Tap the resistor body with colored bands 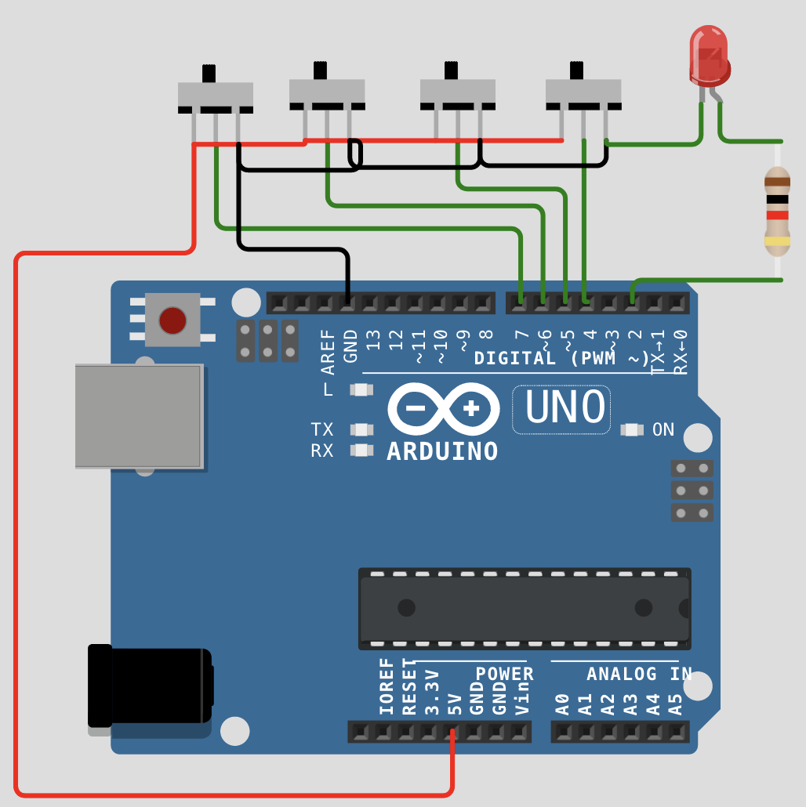(777, 211)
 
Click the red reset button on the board (172, 320)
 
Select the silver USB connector (140, 416)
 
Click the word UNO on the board (565, 407)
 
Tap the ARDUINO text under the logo (442, 451)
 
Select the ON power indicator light (632, 430)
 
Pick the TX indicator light (361, 429)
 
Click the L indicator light (361, 389)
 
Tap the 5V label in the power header (454, 704)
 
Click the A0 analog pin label (562, 704)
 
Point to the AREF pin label (328, 352)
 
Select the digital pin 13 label (373, 340)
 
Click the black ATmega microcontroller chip (525, 609)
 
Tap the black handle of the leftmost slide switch (209, 73)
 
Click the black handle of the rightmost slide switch (576, 71)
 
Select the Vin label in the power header (522, 698)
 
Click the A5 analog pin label (676, 704)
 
